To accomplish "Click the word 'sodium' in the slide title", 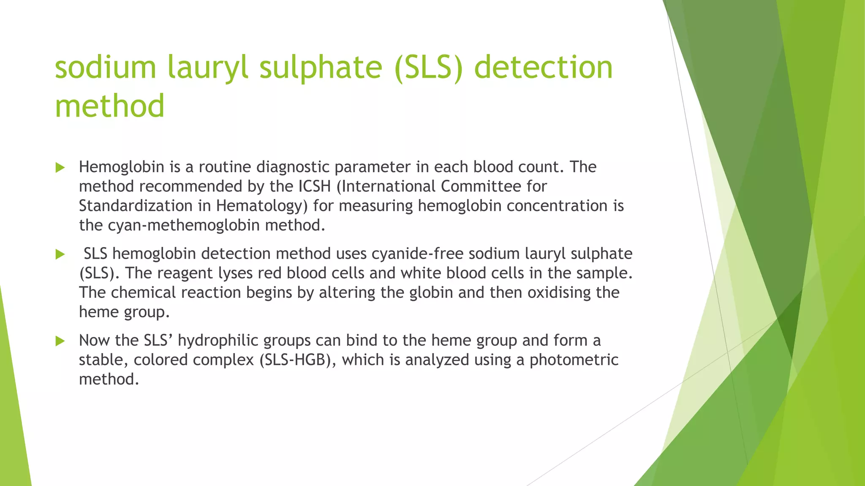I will coord(106,67).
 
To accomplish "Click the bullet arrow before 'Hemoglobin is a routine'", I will coord(60,168).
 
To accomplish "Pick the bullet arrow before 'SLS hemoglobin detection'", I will coord(60,254).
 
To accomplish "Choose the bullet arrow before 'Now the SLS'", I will coord(60,341).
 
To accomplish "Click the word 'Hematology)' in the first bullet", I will coord(262,206).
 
